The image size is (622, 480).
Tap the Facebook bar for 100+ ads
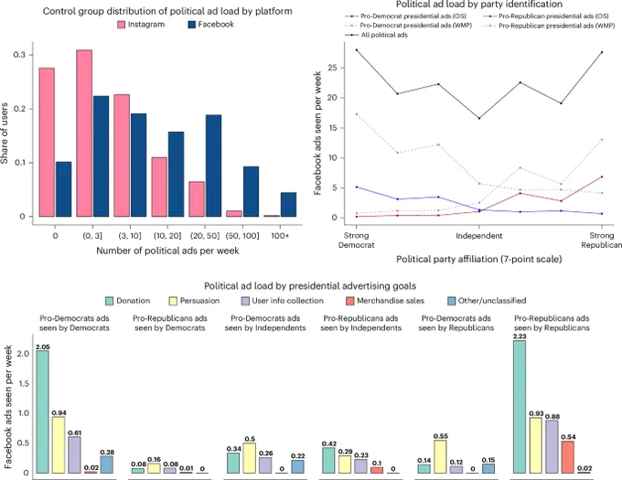click(x=288, y=205)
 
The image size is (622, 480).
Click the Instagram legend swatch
click(x=121, y=25)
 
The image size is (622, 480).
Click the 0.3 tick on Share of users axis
click(x=19, y=54)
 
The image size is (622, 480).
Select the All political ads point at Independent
click(x=479, y=118)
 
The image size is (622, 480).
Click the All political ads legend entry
click(x=376, y=35)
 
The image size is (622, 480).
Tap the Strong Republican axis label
click(x=601, y=240)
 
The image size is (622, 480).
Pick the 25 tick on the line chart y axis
click(x=332, y=68)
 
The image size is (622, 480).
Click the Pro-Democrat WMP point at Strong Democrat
click(x=356, y=114)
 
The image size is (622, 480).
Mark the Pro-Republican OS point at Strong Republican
click(x=602, y=176)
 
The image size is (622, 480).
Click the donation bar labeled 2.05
click(x=42, y=411)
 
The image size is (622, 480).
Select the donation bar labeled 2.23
click(x=520, y=407)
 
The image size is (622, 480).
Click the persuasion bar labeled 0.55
click(x=440, y=456)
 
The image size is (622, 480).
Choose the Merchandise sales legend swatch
click(x=349, y=301)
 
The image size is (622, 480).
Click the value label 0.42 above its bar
click(x=329, y=444)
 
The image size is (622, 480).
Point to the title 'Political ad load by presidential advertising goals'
click(x=310, y=286)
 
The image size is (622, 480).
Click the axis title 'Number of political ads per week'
click(x=167, y=251)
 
